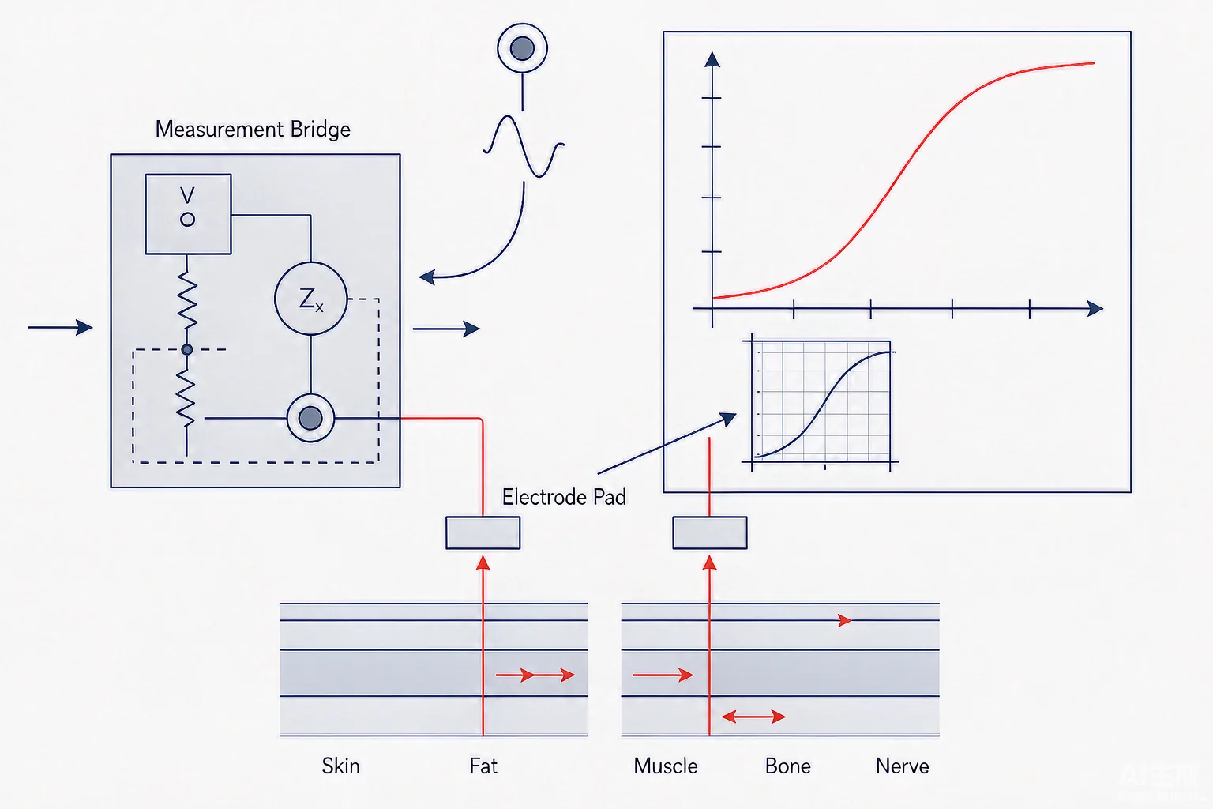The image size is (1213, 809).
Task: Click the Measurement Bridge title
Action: pyautogui.click(x=253, y=130)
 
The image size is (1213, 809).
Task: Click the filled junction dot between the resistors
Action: pyautogui.click(x=187, y=349)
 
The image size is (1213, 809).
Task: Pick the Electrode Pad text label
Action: pyautogui.click(x=564, y=498)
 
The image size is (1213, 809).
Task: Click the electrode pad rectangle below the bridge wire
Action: pyautogui.click(x=483, y=532)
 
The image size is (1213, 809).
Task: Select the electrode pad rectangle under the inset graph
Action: pyautogui.click(x=710, y=532)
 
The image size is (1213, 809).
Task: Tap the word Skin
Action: pyautogui.click(x=340, y=766)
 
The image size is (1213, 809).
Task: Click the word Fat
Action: pyautogui.click(x=483, y=766)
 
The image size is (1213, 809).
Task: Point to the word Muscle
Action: pyautogui.click(x=666, y=766)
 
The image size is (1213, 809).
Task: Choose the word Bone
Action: pyautogui.click(x=788, y=766)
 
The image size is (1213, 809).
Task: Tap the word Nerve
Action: pyautogui.click(x=902, y=766)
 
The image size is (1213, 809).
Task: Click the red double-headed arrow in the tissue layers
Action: pyautogui.click(x=754, y=717)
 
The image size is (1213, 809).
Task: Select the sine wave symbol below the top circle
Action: pyautogui.click(x=524, y=146)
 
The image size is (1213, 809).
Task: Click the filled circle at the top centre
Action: pyautogui.click(x=523, y=48)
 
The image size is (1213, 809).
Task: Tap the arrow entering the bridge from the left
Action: pyautogui.click(x=61, y=327)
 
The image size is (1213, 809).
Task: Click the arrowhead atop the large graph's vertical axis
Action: pyautogui.click(x=712, y=59)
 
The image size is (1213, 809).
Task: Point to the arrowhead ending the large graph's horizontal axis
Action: pyautogui.click(x=1095, y=309)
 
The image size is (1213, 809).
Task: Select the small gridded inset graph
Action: pyautogui.click(x=821, y=401)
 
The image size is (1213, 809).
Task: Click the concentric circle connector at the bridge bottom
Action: pyautogui.click(x=310, y=418)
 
